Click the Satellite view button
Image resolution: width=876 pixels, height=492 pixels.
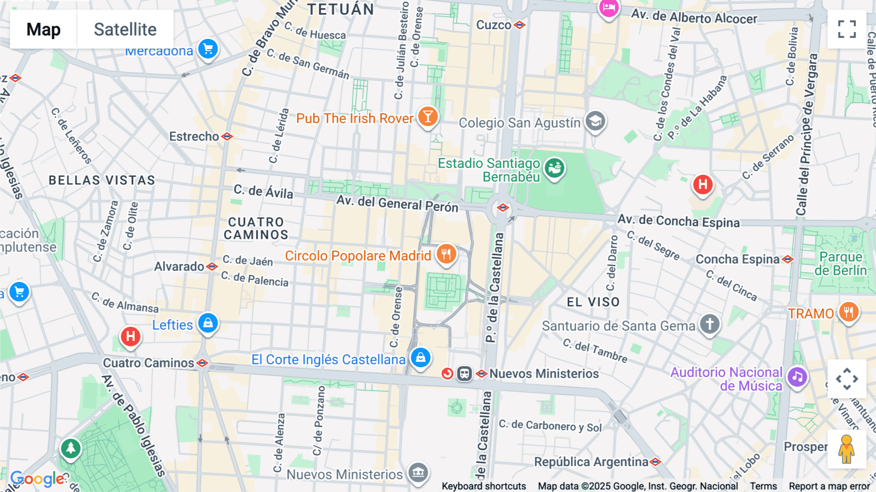click(x=125, y=29)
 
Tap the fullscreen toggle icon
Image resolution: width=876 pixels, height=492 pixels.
click(x=847, y=29)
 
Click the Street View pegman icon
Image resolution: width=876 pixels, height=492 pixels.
click(x=847, y=449)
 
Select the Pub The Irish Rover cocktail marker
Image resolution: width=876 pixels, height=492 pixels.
click(x=428, y=117)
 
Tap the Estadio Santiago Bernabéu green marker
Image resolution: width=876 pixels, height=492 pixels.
click(x=554, y=169)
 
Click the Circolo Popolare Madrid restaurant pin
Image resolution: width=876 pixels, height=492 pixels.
click(x=446, y=254)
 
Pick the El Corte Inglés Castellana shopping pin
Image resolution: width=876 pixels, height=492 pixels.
click(x=420, y=358)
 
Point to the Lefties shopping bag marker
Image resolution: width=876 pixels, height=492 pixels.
click(x=208, y=323)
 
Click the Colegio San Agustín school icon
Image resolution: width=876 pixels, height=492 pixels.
click(x=595, y=121)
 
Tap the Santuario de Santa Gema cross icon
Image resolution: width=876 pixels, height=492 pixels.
click(x=710, y=324)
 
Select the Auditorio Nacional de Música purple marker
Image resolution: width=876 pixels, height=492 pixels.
click(x=797, y=377)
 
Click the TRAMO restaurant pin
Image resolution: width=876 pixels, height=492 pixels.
click(x=848, y=312)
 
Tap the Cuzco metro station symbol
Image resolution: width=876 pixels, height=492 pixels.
click(x=520, y=25)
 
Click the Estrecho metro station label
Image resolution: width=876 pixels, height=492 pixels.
click(x=194, y=136)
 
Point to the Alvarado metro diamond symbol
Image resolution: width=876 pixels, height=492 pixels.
click(x=212, y=266)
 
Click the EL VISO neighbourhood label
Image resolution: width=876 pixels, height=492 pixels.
click(x=593, y=302)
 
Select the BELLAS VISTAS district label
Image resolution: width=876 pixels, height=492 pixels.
click(x=102, y=180)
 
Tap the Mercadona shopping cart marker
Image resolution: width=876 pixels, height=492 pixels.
click(x=208, y=49)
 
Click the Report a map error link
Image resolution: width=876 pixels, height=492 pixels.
click(x=829, y=486)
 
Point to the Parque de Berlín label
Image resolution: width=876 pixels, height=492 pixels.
click(x=840, y=264)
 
